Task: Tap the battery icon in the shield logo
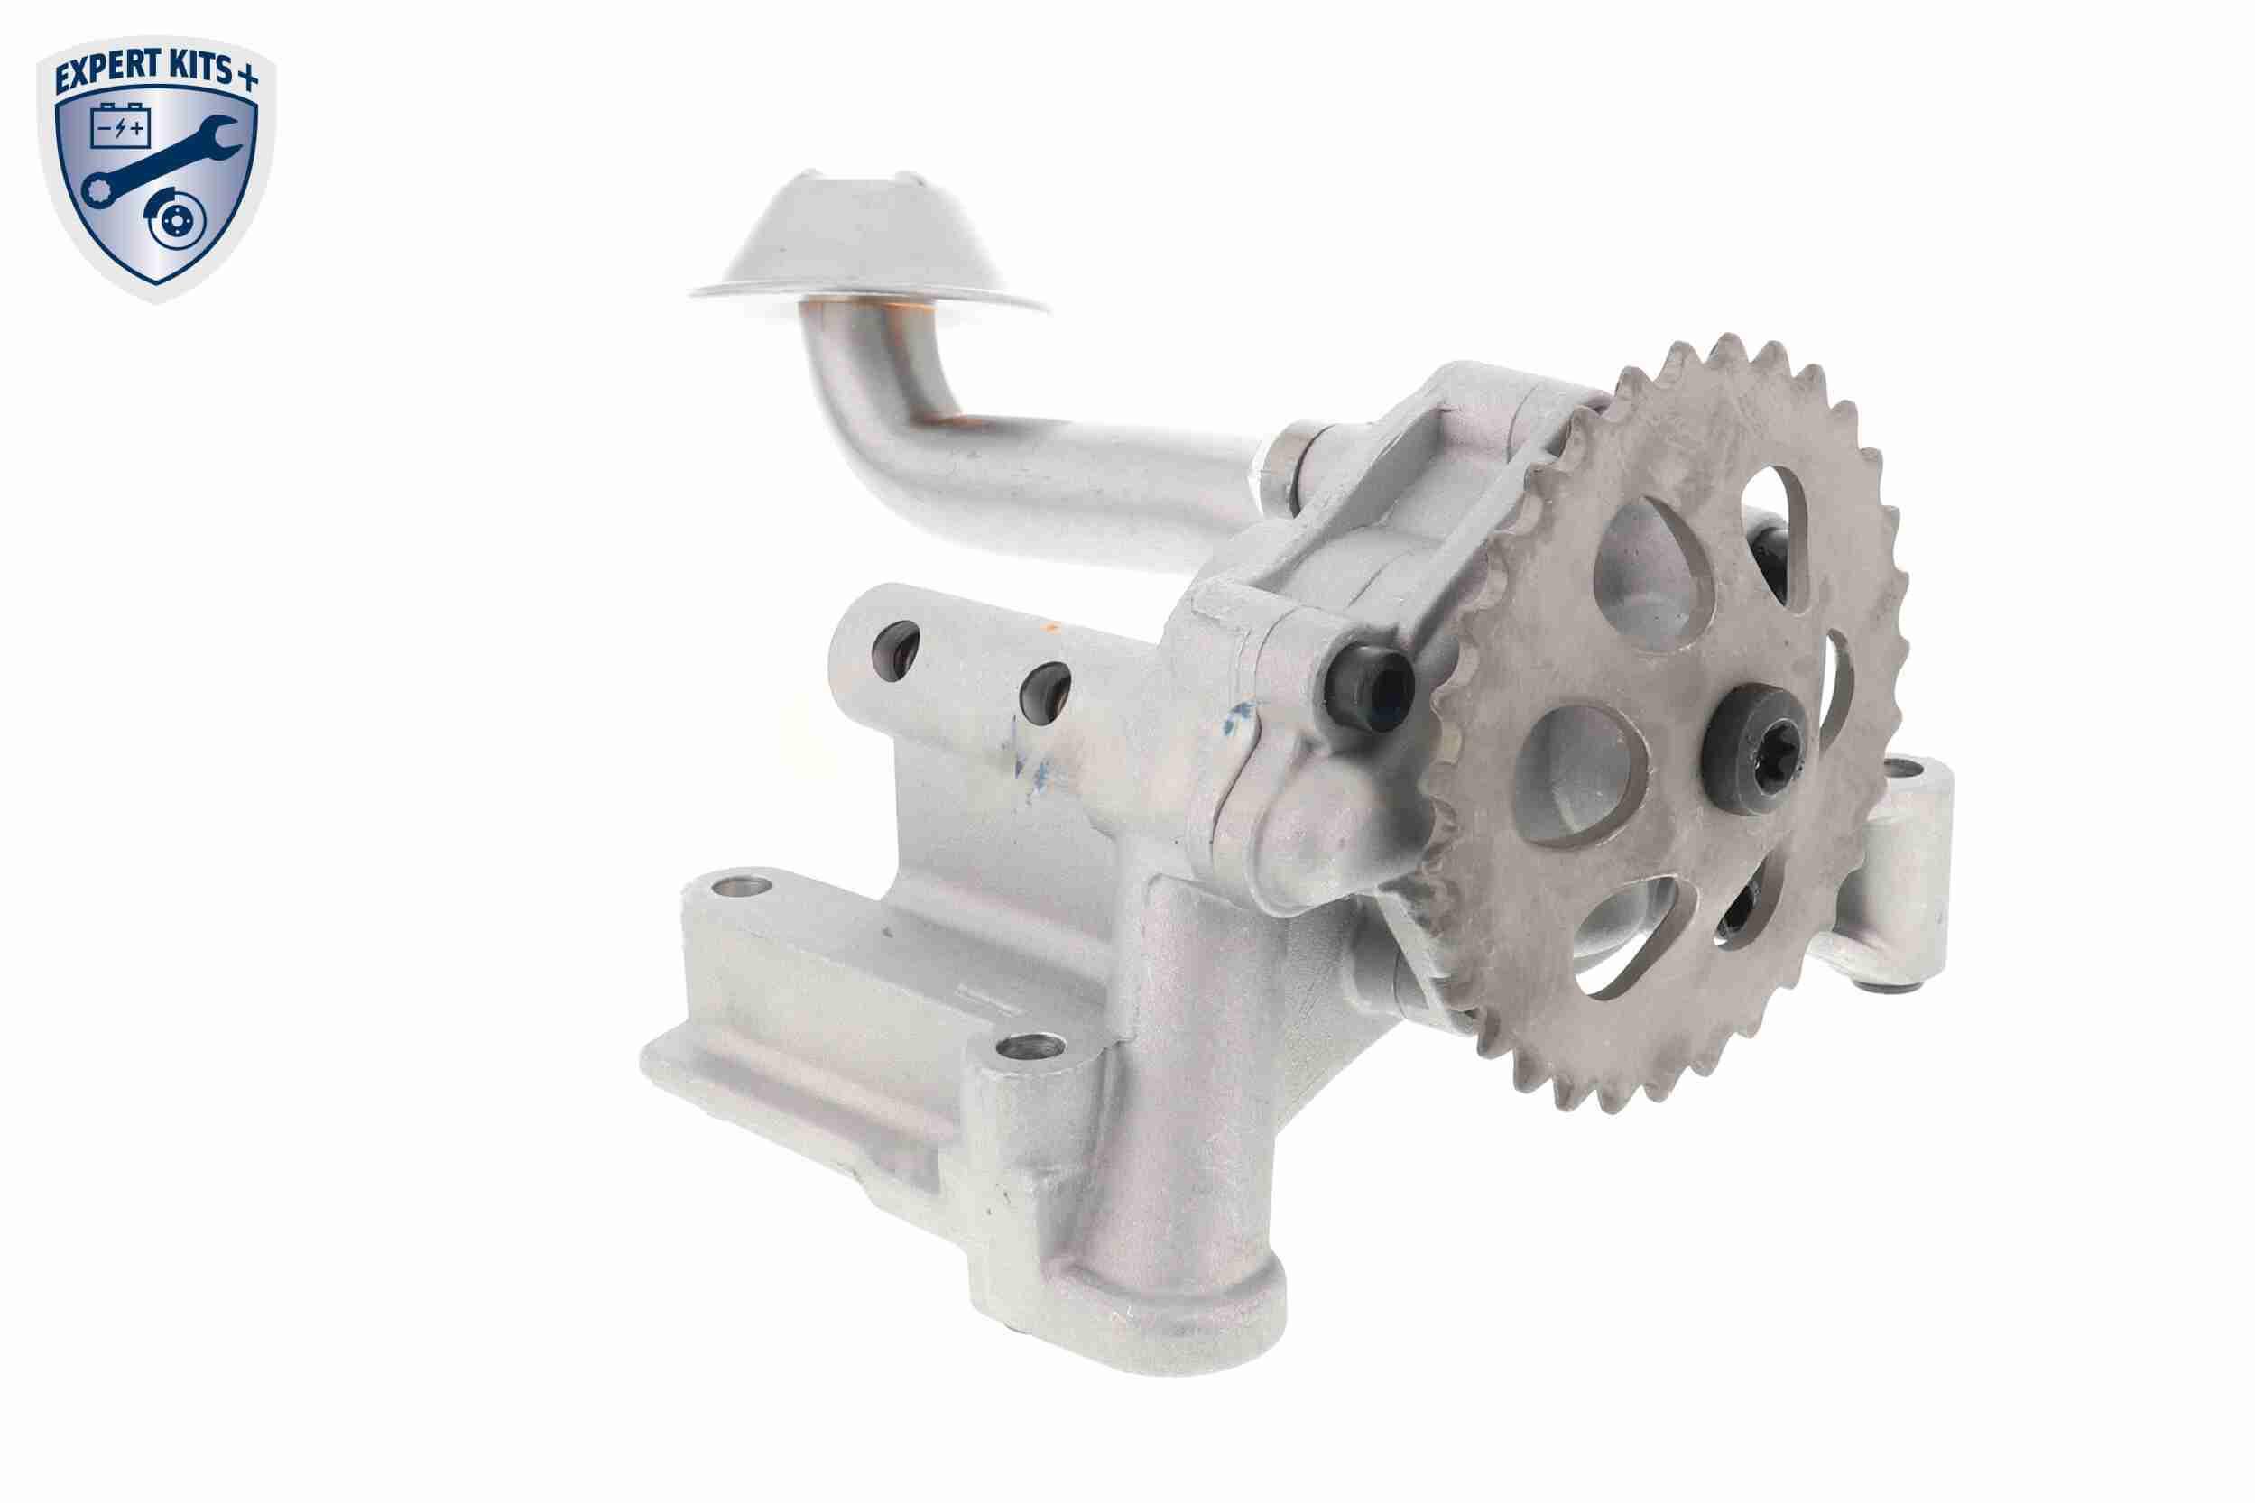point(120,127)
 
